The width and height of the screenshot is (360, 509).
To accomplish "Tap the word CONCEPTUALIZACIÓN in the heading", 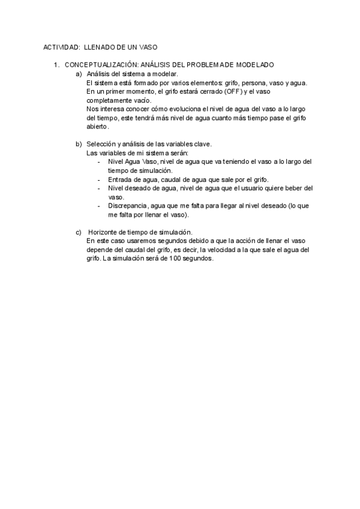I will click(101, 64).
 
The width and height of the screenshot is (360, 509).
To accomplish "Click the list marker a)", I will click(79, 73).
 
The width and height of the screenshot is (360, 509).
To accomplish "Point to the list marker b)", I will click(79, 144).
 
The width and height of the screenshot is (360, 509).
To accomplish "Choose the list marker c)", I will click(79, 232).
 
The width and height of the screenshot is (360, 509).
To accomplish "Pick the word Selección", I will click(102, 144).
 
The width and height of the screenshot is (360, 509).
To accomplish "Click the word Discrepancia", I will click(127, 205).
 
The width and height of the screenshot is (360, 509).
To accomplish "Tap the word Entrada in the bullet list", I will click(121, 179).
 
